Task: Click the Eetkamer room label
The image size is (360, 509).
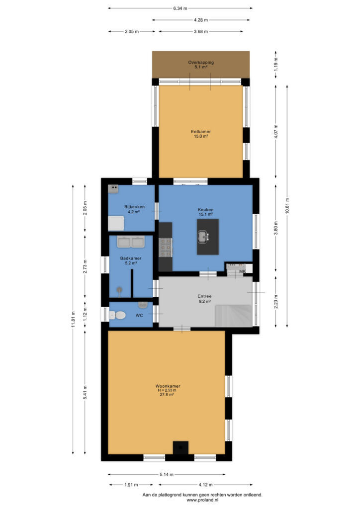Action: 200,131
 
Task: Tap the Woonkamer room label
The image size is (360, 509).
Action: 168,386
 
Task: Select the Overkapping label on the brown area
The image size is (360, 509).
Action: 201,62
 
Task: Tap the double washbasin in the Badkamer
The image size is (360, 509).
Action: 131,242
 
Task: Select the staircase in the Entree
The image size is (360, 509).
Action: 233,316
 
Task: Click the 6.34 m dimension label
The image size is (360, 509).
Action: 180,8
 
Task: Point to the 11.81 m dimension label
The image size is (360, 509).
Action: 73,320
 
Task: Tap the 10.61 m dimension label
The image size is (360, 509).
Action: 287,206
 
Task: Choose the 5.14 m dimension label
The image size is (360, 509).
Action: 167,474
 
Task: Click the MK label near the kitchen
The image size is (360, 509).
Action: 242,271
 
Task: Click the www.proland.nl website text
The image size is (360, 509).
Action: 202,500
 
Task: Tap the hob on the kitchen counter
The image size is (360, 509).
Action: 165,248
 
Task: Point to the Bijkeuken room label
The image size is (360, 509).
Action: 134,206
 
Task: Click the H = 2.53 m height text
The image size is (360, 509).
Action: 167,390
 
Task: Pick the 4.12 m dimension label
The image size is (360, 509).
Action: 205,485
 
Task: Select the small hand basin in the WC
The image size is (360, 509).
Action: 143,305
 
